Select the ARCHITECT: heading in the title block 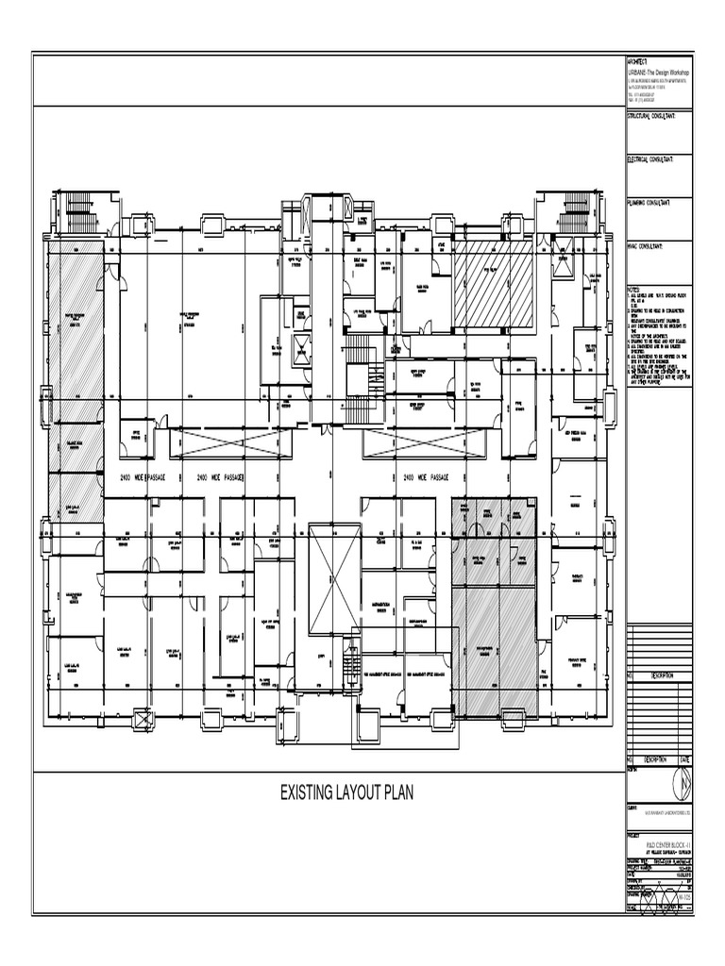pos(640,61)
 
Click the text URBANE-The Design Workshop pos(659,73)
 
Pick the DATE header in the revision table pos(684,759)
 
